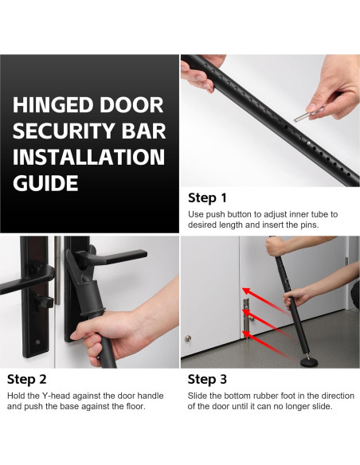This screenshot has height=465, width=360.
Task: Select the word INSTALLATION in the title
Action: point(88,157)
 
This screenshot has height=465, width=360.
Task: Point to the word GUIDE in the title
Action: point(45,182)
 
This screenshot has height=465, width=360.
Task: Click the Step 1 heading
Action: point(207,197)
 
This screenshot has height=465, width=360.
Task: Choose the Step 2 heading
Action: point(27,379)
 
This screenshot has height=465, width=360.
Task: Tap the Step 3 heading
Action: point(207,379)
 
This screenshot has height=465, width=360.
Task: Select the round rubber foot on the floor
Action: point(309,362)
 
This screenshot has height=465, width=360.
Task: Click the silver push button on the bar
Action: point(309,143)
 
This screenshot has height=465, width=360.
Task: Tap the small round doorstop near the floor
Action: point(188,338)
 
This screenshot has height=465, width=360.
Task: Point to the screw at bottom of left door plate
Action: point(37,342)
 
